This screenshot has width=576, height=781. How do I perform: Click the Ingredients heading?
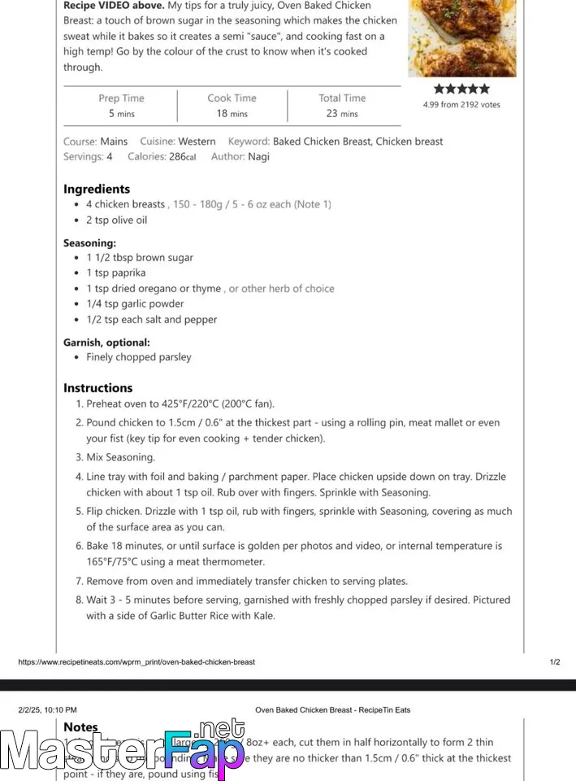coord(97,189)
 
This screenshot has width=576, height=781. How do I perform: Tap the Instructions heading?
coord(97,388)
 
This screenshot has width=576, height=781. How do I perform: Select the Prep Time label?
coord(121,98)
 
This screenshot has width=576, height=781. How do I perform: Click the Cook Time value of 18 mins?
coord(232,114)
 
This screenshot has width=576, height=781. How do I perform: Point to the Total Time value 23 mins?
coord(342,114)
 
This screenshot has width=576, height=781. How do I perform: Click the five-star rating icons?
coord(461,89)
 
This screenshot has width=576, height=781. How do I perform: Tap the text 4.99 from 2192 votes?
coord(461,105)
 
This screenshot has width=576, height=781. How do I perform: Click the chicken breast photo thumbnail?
coord(461,37)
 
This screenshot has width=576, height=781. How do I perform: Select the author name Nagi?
coord(258,157)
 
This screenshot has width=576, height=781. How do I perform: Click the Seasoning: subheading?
coord(89,242)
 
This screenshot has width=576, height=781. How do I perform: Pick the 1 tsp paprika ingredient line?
coord(116,273)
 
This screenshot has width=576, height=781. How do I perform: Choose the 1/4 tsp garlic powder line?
coord(135,304)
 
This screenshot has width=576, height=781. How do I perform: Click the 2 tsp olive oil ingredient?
coord(117,220)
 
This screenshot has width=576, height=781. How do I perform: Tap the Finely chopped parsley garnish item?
coord(139,357)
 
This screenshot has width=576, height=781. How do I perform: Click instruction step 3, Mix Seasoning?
coord(120,457)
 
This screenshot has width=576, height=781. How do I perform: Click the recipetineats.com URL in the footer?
coord(136,662)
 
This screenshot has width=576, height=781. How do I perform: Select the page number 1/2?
coord(555,662)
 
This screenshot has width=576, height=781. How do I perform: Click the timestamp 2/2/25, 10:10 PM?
coord(47,710)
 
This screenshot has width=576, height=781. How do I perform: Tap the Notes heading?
coord(80,727)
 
